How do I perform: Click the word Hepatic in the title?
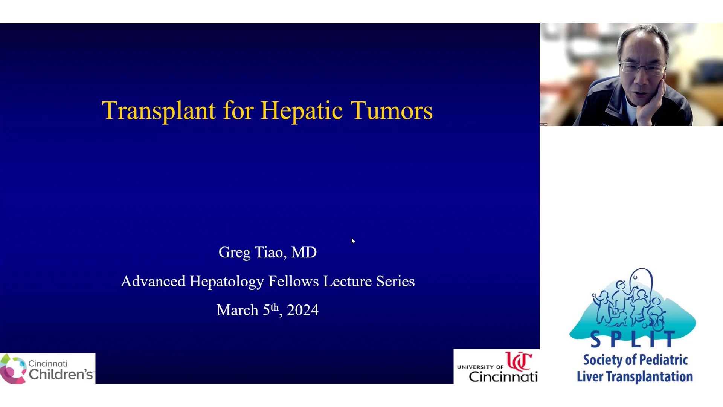click(302, 111)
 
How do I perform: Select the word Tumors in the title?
click(392, 110)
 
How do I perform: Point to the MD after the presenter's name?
click(304, 252)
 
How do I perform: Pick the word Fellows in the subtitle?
click(294, 281)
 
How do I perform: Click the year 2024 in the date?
click(303, 310)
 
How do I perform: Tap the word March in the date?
click(238, 310)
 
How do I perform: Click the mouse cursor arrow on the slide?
click(353, 241)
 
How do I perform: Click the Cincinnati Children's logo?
click(47, 369)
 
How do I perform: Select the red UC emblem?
click(519, 361)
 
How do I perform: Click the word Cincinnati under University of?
click(503, 376)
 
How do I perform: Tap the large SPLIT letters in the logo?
click(633, 339)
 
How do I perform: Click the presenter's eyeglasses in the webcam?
click(642, 68)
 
